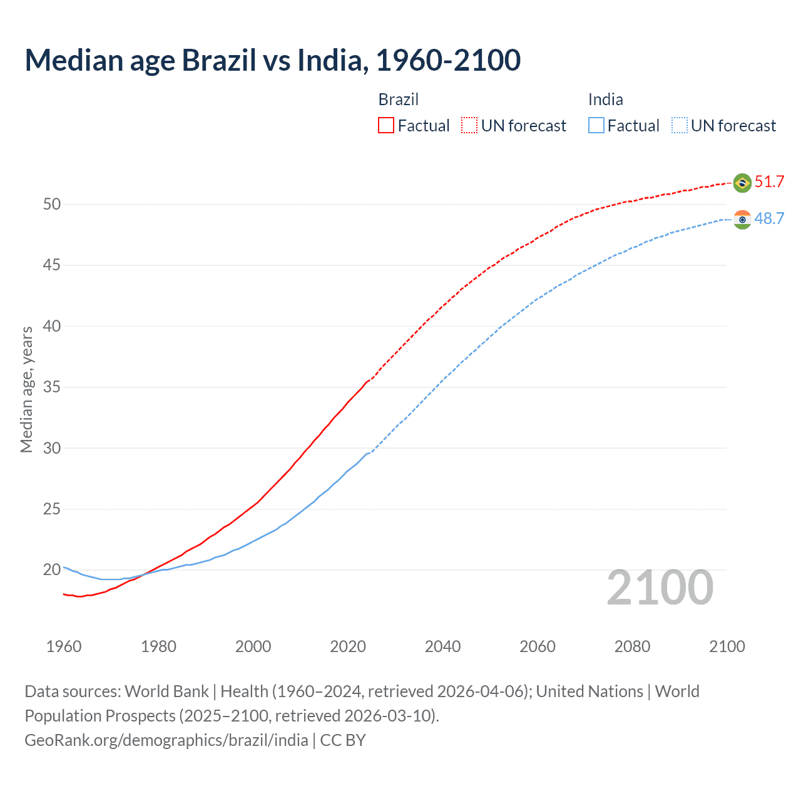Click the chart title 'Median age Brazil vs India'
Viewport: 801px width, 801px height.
pos(272,60)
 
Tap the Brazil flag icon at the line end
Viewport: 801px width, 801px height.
pos(742,183)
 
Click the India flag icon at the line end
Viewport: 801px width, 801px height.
pos(742,220)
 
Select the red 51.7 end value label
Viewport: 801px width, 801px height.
pos(769,182)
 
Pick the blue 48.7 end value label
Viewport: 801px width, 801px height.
pos(769,218)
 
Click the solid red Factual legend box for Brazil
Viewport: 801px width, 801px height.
pos(386,126)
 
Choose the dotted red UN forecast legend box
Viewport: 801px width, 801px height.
pos(469,126)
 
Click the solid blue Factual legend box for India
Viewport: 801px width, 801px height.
pos(596,126)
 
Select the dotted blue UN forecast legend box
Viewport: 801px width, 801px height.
pos(680,126)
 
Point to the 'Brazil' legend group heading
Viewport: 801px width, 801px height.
pos(398,99)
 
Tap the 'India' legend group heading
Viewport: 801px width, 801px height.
pos(605,99)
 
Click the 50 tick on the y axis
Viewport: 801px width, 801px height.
pos(52,204)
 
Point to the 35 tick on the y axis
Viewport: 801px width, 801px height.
pos(52,387)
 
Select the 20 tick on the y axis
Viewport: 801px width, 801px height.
pos(52,570)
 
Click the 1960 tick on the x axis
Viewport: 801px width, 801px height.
pos(64,646)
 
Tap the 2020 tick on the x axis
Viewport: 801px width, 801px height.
pos(348,646)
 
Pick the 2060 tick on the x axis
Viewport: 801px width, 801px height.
pos(538,646)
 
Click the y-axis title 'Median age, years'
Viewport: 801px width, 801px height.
pos(26,389)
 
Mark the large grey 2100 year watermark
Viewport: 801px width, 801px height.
pos(660,588)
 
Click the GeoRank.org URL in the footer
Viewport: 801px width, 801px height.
pos(166,740)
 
